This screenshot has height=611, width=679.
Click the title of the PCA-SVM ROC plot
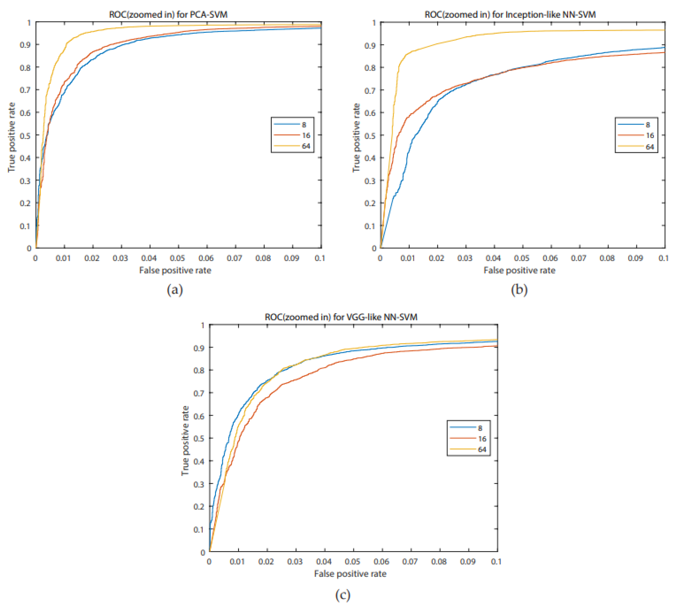168,15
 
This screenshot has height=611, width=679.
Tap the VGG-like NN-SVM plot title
341,317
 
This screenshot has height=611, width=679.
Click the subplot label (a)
174,289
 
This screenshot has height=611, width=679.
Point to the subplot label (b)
519,289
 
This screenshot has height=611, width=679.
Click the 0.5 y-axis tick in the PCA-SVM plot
25,135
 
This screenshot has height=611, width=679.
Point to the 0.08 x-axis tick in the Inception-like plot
607,258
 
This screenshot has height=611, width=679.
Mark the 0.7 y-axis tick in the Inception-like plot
370,90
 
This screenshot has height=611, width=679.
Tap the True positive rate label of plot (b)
356,138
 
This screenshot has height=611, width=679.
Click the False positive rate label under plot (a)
175,270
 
